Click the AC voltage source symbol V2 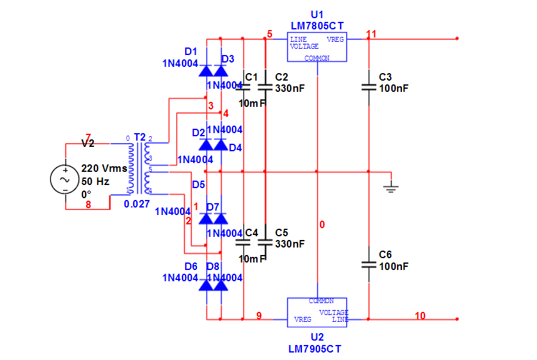tap(64, 178)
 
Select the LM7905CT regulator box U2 tap(317, 311)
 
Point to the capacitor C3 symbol tap(369, 88)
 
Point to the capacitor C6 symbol tap(369, 266)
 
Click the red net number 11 tap(371, 34)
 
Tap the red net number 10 tap(419, 316)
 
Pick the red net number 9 tap(259, 316)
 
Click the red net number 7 tap(88, 137)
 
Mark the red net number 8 tap(88, 204)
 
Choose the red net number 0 tap(322, 224)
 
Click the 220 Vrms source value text tap(104, 169)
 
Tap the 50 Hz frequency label tap(95, 181)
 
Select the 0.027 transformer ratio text tap(136, 204)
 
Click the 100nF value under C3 tap(393, 89)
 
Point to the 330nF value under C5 tap(289, 244)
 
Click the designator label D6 tap(191, 266)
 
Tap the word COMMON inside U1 tap(317, 58)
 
